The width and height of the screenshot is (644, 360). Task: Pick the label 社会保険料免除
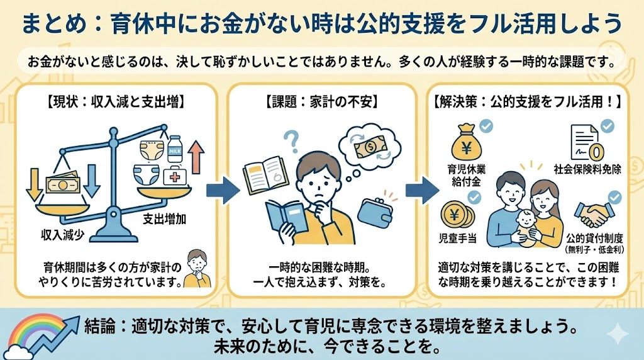587,169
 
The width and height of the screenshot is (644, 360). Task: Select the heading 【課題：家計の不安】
321,101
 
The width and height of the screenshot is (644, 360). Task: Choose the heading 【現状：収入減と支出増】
117,101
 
